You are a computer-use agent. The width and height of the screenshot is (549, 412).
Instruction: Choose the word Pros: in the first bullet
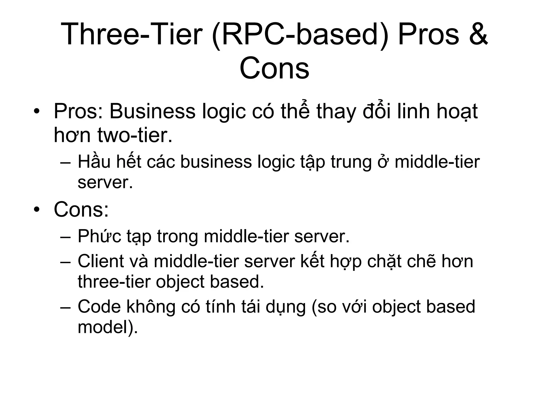pyautogui.click(x=78, y=111)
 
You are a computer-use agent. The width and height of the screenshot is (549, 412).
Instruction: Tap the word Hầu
pyautogui.click(x=94, y=162)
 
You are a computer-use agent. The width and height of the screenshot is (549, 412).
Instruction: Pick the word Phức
pyautogui.click(x=99, y=237)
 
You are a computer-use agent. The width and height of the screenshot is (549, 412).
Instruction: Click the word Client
pyautogui.click(x=101, y=261)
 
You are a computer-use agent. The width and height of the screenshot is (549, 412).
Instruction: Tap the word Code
pyautogui.click(x=99, y=306)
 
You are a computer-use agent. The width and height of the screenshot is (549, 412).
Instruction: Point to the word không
pyautogui.click(x=151, y=306)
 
